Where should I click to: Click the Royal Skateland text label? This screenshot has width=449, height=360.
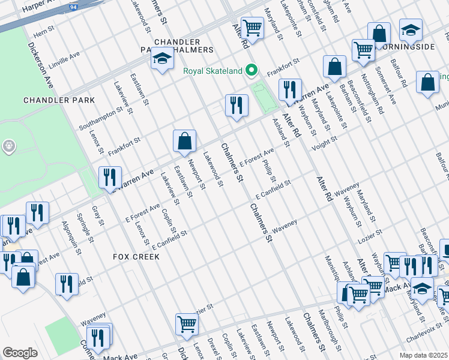point(212,71)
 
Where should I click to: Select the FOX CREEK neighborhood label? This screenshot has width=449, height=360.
point(136,256)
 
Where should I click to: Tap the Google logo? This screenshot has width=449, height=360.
point(20,352)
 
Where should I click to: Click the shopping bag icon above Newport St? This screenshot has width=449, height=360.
point(185,141)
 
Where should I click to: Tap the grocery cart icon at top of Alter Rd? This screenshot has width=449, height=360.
point(253,28)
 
